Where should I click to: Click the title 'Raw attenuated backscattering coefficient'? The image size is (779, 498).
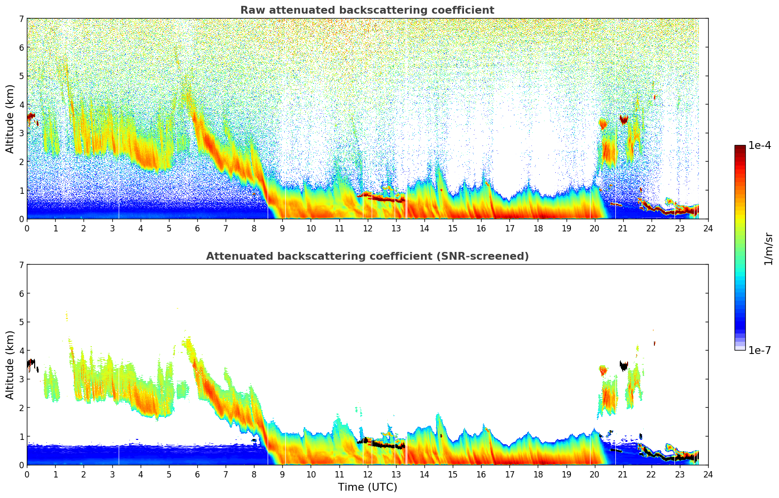pos(367,10)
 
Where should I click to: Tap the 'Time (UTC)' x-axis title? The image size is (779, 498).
pos(367,487)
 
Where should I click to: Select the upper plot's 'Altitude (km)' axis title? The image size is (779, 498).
pos(10,119)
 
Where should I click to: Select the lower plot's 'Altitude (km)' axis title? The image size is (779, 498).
pos(10,365)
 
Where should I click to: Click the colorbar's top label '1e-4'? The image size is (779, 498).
pos(759,145)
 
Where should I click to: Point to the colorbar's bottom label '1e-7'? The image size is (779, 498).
pos(759,350)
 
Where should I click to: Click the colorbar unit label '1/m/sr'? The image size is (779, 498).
pos(768,249)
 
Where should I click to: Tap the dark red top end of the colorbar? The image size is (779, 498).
pos(740,147)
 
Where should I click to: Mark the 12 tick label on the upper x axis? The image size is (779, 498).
pos(367,228)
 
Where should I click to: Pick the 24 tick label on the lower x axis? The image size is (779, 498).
pos(708,475)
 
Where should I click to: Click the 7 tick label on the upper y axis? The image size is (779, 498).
pos(21,19)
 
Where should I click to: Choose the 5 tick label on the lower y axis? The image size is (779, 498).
pos(21,322)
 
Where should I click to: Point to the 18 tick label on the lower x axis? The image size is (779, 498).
pos(538,475)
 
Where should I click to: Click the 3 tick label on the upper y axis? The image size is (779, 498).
pos(21,133)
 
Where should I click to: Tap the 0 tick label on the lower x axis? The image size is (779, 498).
pos(27,475)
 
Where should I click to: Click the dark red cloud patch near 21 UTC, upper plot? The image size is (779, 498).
pos(624,119)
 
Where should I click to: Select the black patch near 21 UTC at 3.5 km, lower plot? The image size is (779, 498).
pos(624,365)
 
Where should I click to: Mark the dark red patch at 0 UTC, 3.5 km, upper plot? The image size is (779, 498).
pos(31,117)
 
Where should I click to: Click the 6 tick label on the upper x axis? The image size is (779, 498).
pos(197,228)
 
